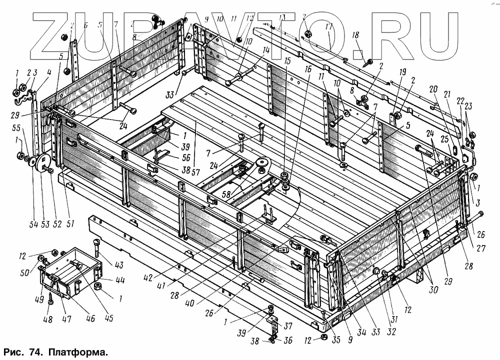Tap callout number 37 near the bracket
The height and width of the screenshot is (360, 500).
pyautogui.click(x=288, y=326)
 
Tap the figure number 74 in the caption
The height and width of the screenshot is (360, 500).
pyautogui.click(x=36, y=352)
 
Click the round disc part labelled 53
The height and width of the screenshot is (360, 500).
pyautogui.click(x=41, y=163)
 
